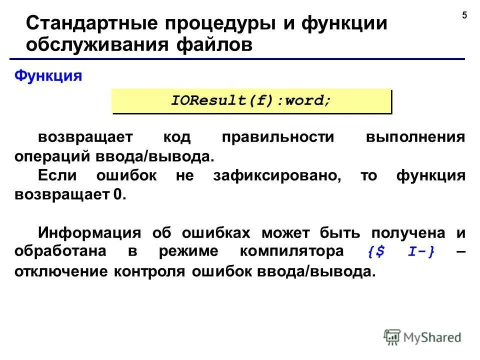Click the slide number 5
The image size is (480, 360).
464,15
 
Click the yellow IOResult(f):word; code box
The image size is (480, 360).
251,100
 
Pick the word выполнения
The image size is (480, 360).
415,138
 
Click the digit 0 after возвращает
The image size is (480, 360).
117,194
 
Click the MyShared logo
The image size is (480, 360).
423,337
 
